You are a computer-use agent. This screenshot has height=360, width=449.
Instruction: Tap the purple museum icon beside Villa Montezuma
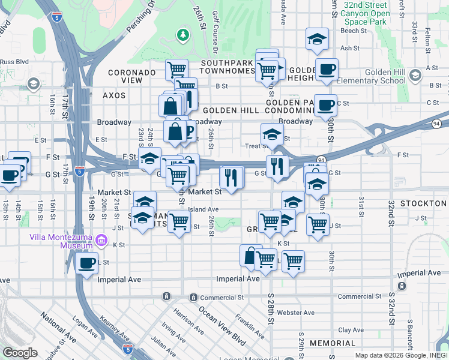[x=101, y=241]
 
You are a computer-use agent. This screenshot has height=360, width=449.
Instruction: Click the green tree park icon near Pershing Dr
[x=183, y=36]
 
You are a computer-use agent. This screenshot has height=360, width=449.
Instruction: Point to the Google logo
[x=20, y=353]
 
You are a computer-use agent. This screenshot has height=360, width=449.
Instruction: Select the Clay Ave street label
[x=351, y=330]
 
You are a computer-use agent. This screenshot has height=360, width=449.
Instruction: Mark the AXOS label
[x=114, y=95]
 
